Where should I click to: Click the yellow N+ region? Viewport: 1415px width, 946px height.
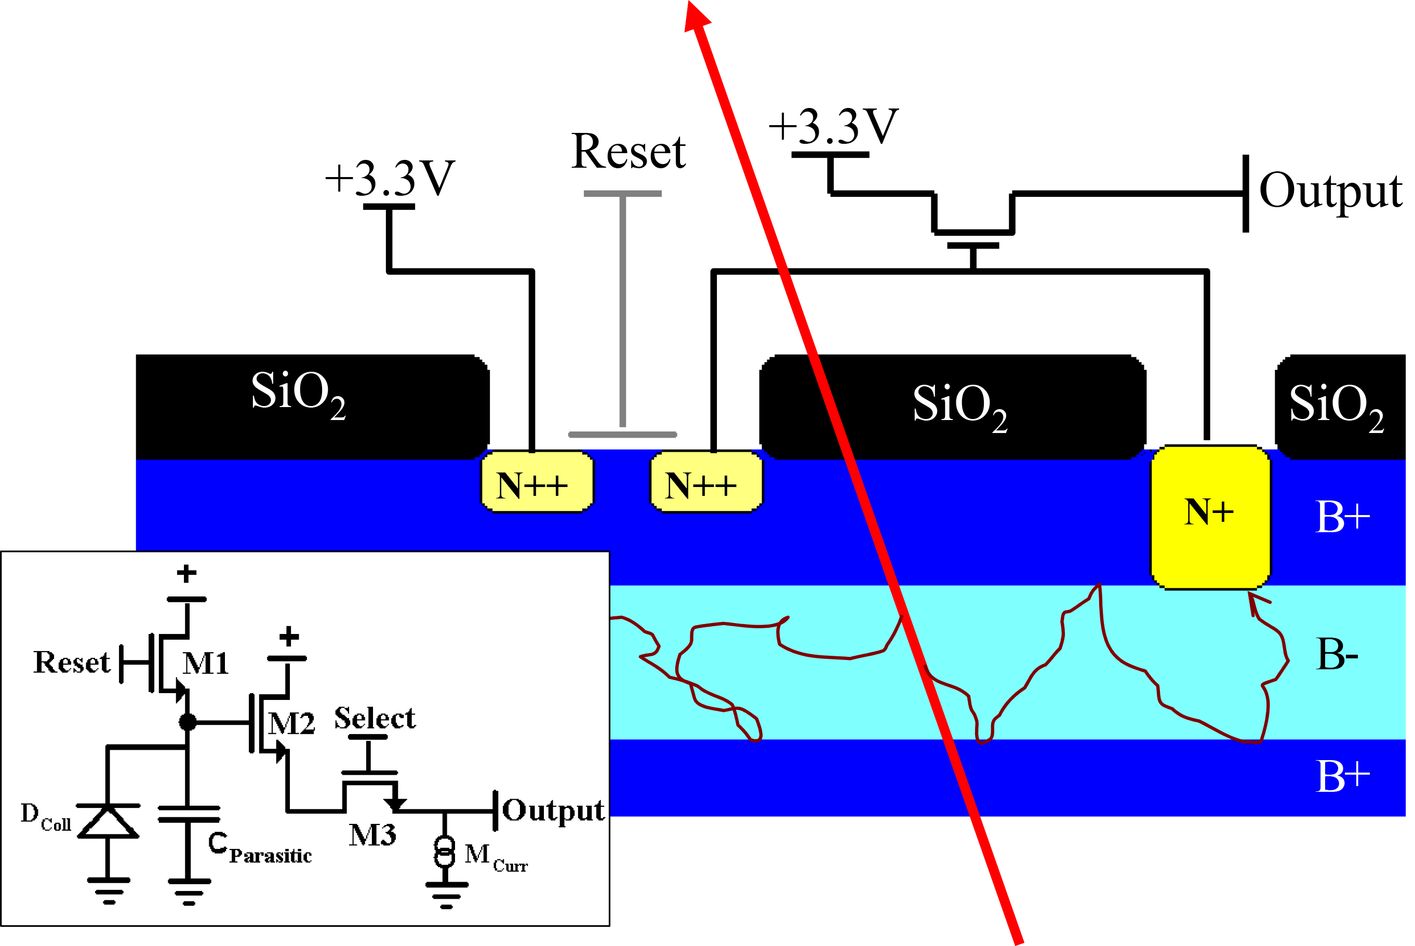[x=1210, y=517]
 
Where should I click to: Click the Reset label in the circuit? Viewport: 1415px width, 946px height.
[x=72, y=663]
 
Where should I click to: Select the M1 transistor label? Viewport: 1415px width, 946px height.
[x=205, y=664]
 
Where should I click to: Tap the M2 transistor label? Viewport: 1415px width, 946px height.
[x=291, y=723]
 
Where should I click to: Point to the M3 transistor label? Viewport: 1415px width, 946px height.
[x=372, y=835]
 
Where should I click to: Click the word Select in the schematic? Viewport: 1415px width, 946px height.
[x=375, y=718]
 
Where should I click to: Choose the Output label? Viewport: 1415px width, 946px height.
[x=553, y=810]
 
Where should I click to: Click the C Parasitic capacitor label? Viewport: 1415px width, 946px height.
[x=259, y=848]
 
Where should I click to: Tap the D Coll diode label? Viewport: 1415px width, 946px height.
[x=45, y=817]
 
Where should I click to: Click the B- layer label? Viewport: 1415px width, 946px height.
[x=1337, y=655]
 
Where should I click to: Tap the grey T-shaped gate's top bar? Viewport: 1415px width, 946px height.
[x=622, y=194]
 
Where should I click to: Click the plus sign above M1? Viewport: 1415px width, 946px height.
[x=186, y=573]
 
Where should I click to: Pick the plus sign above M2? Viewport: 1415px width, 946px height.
[x=289, y=636]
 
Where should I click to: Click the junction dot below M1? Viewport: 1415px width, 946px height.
[x=188, y=722]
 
